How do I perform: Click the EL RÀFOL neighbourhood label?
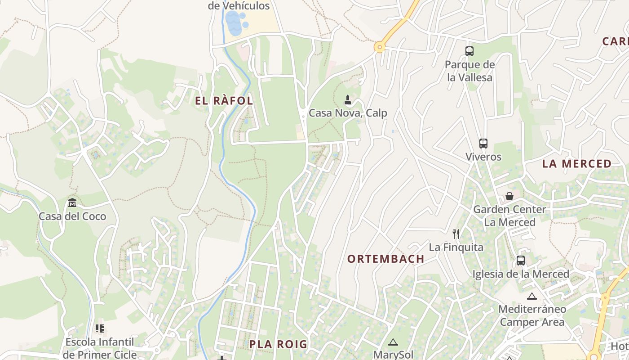coord(224,101)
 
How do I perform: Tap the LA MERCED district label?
coord(577,164)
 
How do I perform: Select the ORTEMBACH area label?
coord(385,259)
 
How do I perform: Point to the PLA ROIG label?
coord(278,344)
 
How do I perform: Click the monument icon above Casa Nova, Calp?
coord(347,99)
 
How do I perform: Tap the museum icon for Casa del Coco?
coord(72,203)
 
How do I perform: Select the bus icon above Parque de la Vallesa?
coord(470,51)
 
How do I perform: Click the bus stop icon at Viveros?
coord(483,144)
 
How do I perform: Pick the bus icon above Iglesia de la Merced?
coord(520,261)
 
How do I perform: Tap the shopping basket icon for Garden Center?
coord(509,196)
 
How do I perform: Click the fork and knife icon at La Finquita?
coord(456,234)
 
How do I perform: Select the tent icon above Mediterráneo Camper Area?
coord(532,296)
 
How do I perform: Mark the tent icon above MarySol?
coord(393,342)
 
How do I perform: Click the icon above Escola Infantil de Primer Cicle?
coord(100,328)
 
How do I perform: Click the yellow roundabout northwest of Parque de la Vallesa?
coord(380,46)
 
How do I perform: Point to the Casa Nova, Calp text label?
coord(348,113)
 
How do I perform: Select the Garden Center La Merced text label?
coord(509,216)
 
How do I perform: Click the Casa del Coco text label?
coord(72,216)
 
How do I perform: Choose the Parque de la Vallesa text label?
coord(470,71)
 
